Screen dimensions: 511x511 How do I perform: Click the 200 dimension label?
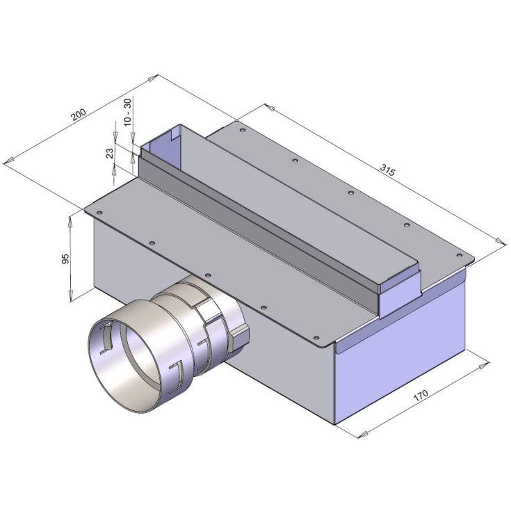pos(79,115)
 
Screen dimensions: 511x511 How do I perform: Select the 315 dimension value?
pos(387,170)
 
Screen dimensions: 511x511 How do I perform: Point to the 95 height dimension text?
pos(65,259)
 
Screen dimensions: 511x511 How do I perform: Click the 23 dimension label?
pos(110,153)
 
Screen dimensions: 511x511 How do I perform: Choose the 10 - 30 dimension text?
pos(127,112)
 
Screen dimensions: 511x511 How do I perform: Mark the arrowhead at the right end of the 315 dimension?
pos(501,241)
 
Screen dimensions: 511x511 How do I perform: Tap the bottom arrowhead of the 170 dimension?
pos(364,434)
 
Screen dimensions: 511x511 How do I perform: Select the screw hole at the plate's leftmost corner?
pos(99,213)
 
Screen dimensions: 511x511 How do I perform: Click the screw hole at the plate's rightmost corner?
pos(459,255)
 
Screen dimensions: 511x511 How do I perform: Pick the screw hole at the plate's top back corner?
pos(242,130)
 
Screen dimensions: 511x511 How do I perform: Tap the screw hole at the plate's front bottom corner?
pos(316,338)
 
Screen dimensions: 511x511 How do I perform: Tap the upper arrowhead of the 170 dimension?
pos(484,365)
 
